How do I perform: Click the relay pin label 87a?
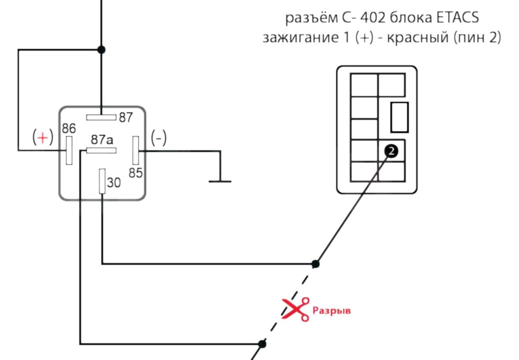click(102, 140)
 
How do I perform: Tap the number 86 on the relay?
click(69, 128)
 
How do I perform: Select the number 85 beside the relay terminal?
click(136, 173)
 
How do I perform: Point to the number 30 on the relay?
click(114, 182)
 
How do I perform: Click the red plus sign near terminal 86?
click(43, 138)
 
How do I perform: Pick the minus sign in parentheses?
click(159, 138)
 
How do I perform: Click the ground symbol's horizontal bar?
click(220, 181)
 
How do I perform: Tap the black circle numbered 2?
click(391, 151)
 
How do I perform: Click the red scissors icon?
click(296, 309)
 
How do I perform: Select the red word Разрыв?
click(332, 310)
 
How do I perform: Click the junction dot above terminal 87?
click(101, 49)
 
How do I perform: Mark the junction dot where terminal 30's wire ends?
click(315, 264)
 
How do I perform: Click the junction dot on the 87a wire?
click(262, 343)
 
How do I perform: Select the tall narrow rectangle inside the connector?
click(399, 117)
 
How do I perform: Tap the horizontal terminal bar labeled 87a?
click(101, 151)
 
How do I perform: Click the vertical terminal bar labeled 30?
click(102, 181)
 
